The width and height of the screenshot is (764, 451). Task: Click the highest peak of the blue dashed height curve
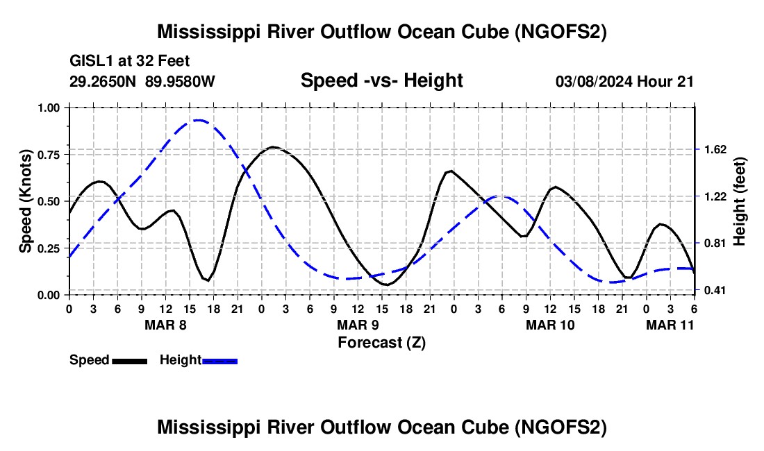coord(198,119)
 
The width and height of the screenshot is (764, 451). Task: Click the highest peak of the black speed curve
coord(273,146)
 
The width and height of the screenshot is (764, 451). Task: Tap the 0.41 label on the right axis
coord(715,291)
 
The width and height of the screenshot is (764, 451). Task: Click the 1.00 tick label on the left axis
coord(49,108)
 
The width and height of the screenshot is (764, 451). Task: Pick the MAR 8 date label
coord(165,325)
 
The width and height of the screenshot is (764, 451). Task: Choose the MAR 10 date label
coord(550,325)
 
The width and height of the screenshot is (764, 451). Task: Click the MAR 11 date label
coord(670,325)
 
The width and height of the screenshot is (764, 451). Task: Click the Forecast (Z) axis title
coord(381,343)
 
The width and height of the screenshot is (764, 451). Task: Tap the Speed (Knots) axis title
coord(25,201)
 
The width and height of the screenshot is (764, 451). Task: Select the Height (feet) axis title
coord(739,201)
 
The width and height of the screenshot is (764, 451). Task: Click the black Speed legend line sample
coord(130,361)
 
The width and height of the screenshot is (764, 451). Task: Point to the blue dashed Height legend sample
coord(219,361)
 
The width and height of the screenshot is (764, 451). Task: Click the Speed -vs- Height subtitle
coord(381,80)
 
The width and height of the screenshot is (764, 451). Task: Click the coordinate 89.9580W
coord(180,81)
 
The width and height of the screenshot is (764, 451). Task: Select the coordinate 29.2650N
coord(103,81)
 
